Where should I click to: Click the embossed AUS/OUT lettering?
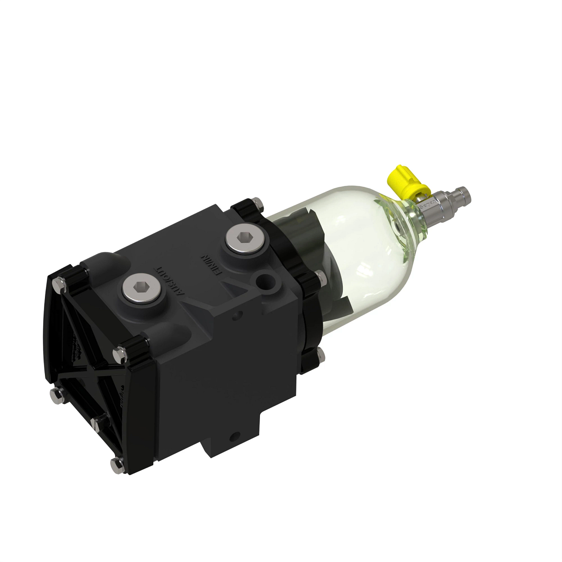pyautogui.click(x=170, y=281)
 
